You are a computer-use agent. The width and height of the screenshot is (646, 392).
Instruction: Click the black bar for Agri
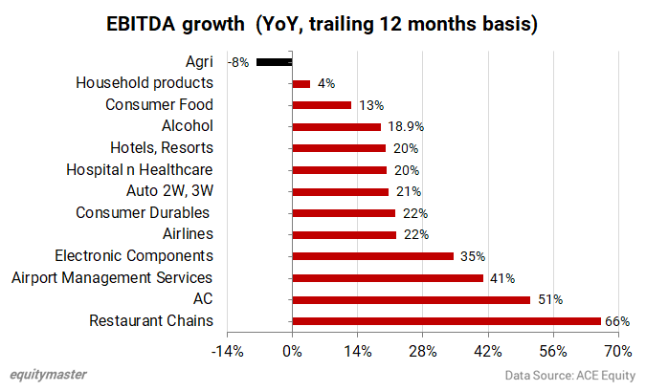tap(274, 62)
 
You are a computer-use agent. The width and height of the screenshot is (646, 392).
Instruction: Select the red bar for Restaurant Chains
tap(446, 321)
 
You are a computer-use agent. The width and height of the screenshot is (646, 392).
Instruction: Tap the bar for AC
tap(411, 299)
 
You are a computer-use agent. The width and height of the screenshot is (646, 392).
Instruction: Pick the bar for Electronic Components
tap(373, 256)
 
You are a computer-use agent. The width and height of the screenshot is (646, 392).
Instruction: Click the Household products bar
tap(301, 84)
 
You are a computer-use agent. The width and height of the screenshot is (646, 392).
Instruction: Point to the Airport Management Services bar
tap(388, 278)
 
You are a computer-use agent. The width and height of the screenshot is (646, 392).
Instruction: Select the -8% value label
tap(238, 62)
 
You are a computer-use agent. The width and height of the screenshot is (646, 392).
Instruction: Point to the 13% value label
tap(370, 105)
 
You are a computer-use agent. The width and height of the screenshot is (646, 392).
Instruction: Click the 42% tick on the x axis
tap(488, 351)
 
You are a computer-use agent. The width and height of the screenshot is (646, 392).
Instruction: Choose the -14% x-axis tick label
tap(227, 351)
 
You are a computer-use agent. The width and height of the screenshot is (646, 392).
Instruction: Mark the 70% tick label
tap(618, 351)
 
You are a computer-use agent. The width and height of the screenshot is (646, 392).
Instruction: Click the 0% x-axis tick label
tap(292, 351)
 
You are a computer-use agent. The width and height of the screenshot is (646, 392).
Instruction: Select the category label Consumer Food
tap(159, 105)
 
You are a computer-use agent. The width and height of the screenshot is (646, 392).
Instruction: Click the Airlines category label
tap(181, 234)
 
